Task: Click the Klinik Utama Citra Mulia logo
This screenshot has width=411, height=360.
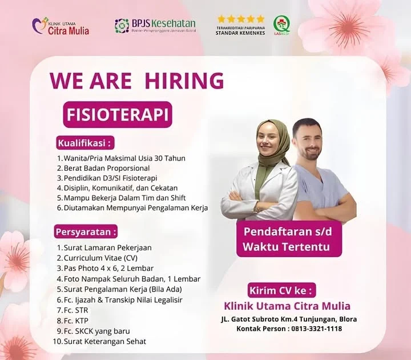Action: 61,26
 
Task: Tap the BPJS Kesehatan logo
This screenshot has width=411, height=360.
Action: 155,25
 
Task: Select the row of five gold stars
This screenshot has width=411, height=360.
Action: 240,19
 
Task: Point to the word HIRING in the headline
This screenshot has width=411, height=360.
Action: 184,81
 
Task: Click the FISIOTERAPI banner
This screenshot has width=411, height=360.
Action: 118,114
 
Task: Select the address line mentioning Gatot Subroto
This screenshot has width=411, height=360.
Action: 288,319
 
